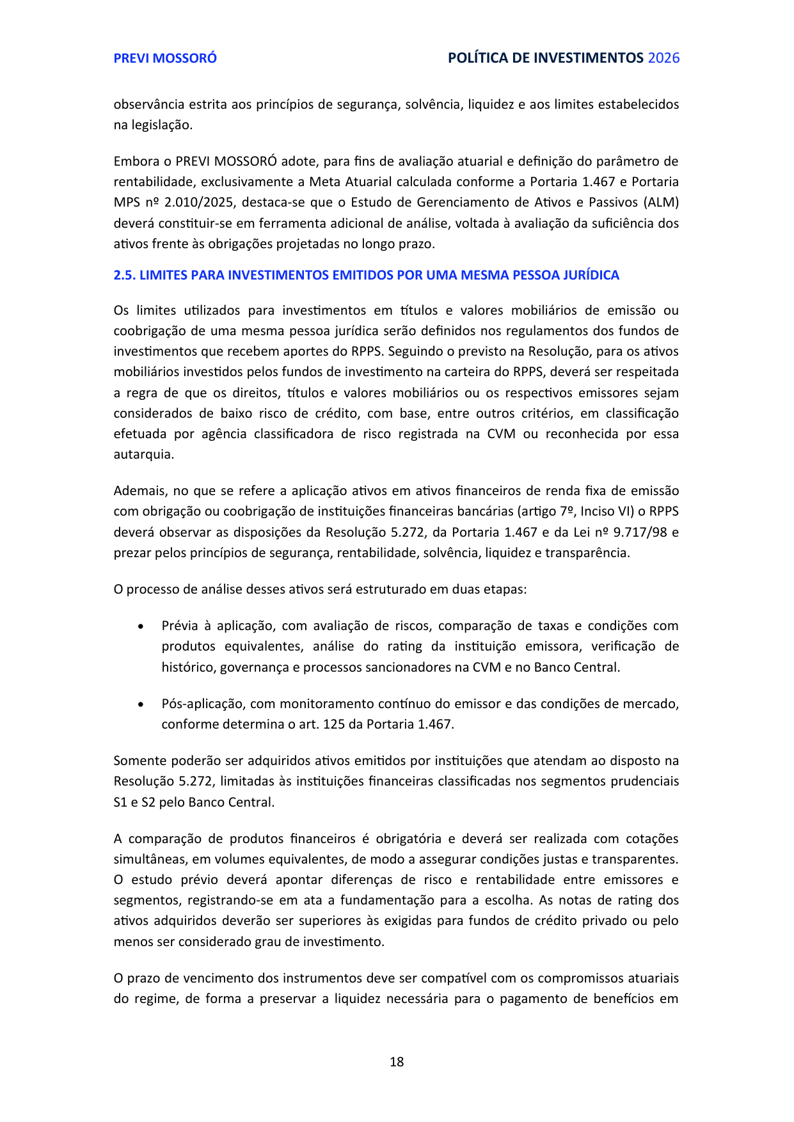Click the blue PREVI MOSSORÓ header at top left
(x=165, y=58)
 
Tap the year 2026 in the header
(x=663, y=58)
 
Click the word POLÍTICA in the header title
(x=474, y=58)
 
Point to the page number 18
(x=397, y=1062)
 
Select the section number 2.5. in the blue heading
(x=124, y=275)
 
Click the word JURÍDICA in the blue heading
(x=591, y=275)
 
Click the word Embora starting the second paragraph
(x=135, y=161)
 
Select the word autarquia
(x=143, y=455)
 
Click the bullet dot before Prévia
(x=141, y=626)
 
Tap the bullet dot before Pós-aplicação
(x=141, y=704)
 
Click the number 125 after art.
(x=334, y=725)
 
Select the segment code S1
(x=120, y=803)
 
